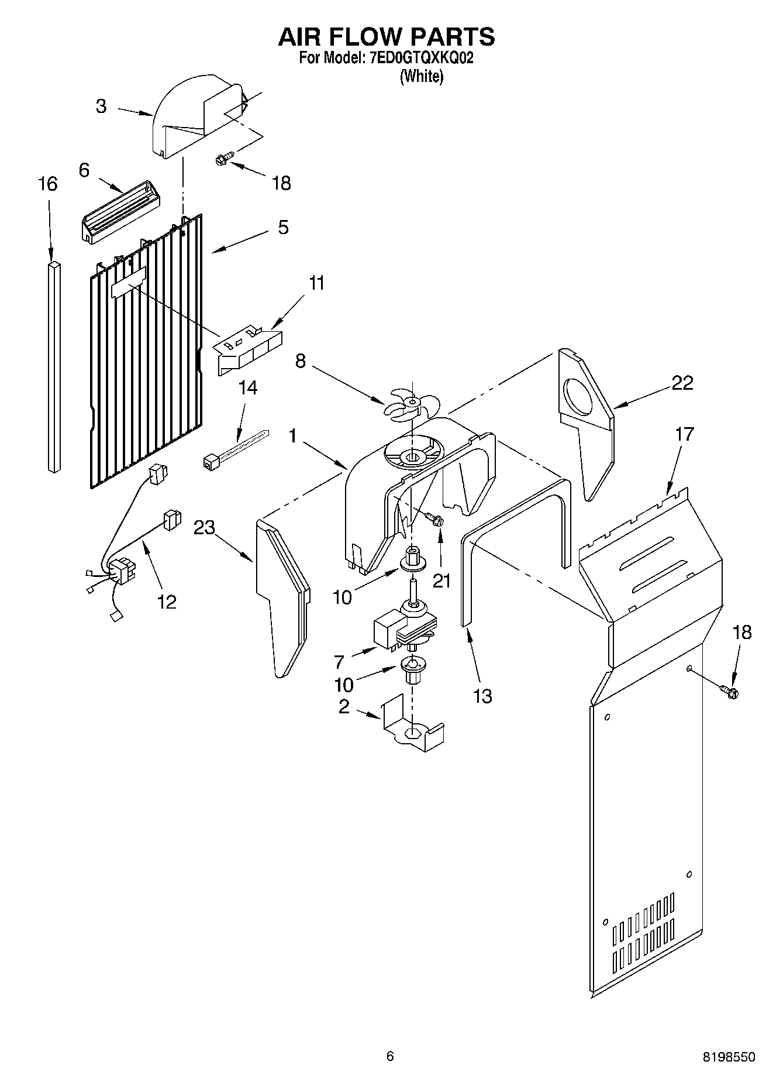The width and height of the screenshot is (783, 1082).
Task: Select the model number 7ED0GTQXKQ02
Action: [420, 59]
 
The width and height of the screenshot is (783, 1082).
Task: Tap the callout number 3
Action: [101, 107]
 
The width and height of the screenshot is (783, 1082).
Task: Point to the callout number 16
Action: [48, 184]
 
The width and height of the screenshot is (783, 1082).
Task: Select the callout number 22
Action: [682, 383]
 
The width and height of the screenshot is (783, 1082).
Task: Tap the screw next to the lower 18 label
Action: [730, 692]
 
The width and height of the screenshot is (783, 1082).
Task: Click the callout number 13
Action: [482, 696]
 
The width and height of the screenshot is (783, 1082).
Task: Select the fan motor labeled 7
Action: [403, 632]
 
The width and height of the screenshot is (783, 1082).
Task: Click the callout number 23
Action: [205, 528]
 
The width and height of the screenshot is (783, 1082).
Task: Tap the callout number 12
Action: [167, 602]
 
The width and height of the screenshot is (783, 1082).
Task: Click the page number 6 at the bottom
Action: [390, 1056]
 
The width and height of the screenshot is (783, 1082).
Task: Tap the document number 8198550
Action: [729, 1057]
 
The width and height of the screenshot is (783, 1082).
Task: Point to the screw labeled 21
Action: [434, 518]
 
